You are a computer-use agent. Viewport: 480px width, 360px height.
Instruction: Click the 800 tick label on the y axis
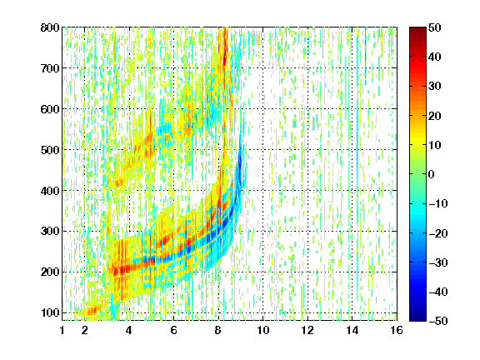point(50,27)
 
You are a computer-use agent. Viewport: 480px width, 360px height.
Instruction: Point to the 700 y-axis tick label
point(50,68)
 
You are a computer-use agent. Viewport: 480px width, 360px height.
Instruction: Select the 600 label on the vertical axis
point(50,109)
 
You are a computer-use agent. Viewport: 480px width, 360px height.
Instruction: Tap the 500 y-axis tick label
point(50,150)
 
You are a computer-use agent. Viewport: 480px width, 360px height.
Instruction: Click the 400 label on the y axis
point(50,191)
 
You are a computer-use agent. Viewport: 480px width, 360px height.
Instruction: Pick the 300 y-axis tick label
point(50,232)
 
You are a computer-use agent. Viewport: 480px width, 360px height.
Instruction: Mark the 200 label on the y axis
point(50,272)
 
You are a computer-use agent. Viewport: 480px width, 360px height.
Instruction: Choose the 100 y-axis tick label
point(50,312)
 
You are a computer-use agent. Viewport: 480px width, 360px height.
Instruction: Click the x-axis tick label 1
point(62,330)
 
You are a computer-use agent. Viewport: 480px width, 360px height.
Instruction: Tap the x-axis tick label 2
point(85,330)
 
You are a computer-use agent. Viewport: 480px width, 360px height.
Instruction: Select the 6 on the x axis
point(173,330)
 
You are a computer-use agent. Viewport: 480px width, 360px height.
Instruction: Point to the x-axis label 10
point(263,330)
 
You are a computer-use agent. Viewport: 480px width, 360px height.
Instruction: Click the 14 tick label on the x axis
point(352,330)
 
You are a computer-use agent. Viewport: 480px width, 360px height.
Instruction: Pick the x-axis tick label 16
point(397,330)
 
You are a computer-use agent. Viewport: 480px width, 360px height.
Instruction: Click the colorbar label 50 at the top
point(435,27)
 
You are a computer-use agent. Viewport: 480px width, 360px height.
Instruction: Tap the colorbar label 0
point(432,174)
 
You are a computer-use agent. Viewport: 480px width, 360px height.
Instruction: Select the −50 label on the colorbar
point(438,321)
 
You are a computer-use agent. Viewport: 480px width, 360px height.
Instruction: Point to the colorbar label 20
point(435,116)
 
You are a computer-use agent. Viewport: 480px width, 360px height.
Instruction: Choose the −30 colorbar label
point(438,262)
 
